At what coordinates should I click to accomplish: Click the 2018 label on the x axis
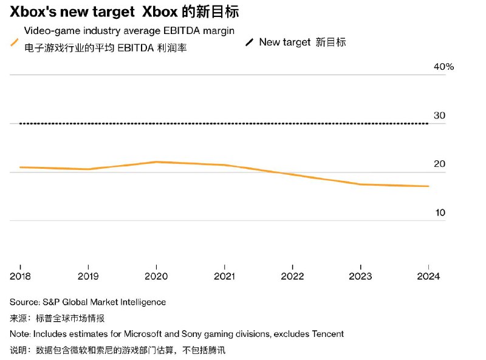(20, 276)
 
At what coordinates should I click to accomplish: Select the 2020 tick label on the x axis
(157, 276)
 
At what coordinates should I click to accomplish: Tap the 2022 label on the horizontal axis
(293, 276)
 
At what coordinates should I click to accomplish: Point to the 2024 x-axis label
(429, 276)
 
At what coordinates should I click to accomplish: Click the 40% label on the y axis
(443, 67)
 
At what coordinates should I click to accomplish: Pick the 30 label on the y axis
(439, 115)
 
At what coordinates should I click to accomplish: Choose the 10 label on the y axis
(439, 212)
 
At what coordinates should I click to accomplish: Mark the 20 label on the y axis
(439, 164)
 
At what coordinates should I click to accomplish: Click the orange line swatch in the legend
(15, 42)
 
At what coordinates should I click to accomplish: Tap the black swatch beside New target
(250, 42)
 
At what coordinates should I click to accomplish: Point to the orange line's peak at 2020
(157, 161)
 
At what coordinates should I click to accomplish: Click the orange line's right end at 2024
(429, 186)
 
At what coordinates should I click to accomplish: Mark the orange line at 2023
(361, 184)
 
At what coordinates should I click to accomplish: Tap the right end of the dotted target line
(428, 124)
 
